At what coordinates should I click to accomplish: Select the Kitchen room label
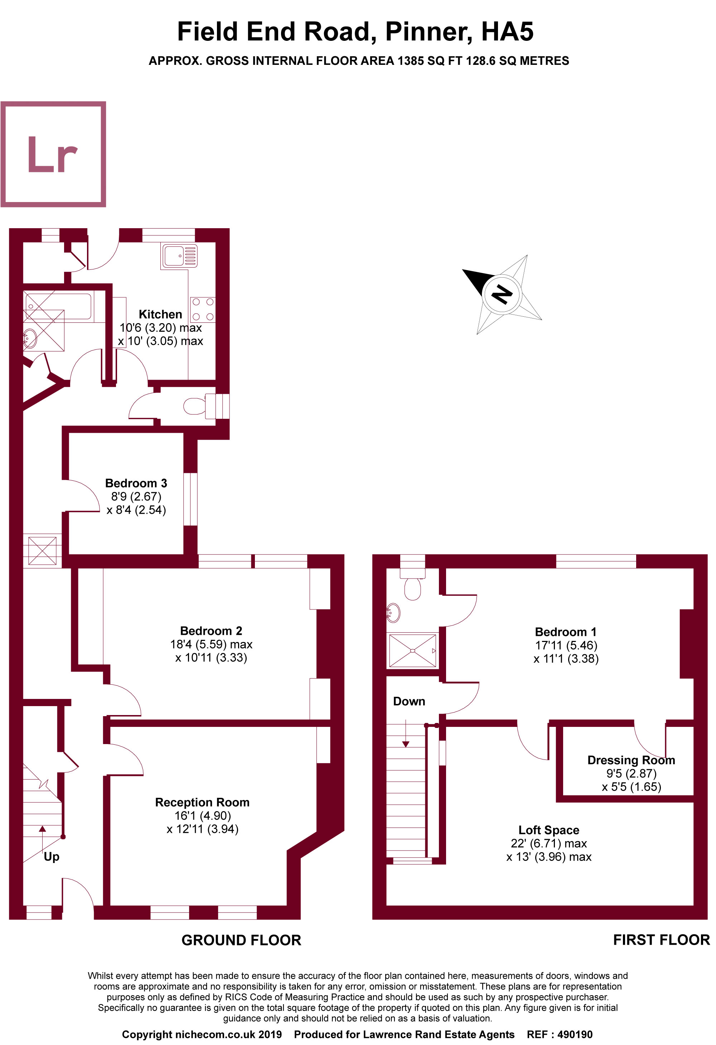(160, 314)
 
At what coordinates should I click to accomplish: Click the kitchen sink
(179, 256)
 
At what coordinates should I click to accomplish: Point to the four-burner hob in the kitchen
(203, 310)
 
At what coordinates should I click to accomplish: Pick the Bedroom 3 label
(136, 483)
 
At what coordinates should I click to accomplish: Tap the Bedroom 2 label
(211, 631)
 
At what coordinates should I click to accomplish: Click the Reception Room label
(202, 802)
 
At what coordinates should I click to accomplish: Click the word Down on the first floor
(408, 701)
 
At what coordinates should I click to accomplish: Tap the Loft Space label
(548, 830)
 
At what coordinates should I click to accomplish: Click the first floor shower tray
(412, 650)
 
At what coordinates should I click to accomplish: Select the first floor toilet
(413, 587)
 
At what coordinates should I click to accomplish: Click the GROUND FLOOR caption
(241, 940)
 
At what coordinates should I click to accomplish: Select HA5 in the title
(507, 32)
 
